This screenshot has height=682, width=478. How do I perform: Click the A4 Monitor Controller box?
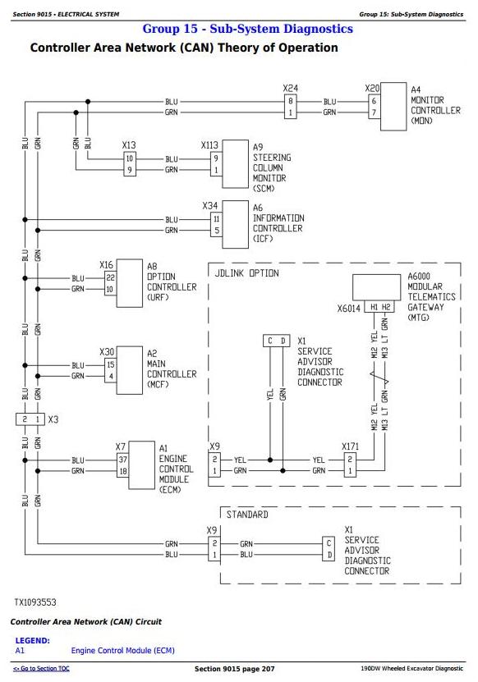pos(393,107)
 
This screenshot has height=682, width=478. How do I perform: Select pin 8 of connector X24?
pos(291,101)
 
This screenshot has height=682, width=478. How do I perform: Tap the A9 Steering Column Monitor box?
pos(236,164)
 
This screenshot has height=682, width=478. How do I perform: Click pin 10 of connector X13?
pos(129,158)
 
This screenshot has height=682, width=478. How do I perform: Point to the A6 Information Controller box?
pos(236,224)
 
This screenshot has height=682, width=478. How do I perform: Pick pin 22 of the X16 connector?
pos(111,277)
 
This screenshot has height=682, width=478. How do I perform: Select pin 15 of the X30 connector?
pos(111,364)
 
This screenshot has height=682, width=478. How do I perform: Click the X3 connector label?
pos(53,419)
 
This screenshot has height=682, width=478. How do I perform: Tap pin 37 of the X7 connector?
pos(122,460)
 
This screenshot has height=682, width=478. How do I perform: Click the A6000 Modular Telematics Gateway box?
pos(376,287)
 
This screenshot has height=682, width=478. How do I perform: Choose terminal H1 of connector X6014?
pos(374,307)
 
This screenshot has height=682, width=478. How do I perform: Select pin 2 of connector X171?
pos(350,460)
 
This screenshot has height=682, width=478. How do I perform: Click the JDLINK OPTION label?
pos(247,273)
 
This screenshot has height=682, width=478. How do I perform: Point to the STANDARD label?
pos(247,515)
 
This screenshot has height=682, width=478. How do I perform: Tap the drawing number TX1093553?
pos(35,602)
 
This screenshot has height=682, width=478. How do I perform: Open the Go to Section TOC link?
pos(41,669)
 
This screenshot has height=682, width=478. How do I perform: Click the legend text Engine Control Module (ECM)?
pos(122,651)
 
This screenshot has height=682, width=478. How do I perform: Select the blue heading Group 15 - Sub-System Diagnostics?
pos(248,29)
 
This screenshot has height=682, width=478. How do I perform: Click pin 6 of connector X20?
pos(374,101)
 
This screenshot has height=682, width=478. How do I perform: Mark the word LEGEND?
pos(33,641)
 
